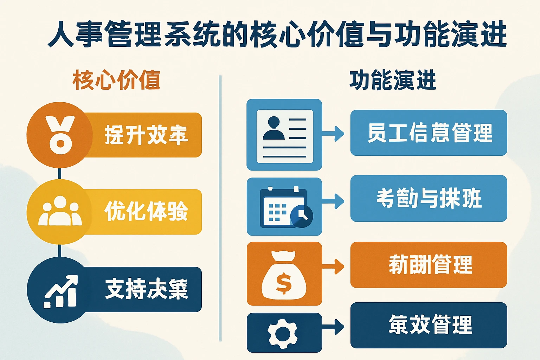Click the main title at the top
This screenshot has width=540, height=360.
click(x=277, y=34)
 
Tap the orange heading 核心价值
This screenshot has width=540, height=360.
click(x=116, y=80)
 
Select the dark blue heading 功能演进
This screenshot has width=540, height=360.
click(x=393, y=80)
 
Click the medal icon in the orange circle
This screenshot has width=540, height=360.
click(x=60, y=135)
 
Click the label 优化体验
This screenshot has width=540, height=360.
click(x=146, y=211)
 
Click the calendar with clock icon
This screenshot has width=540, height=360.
click(x=285, y=208)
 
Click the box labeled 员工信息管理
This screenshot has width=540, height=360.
click(x=429, y=133)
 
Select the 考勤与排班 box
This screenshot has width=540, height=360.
click(x=429, y=198)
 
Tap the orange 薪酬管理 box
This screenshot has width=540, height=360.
click(x=429, y=265)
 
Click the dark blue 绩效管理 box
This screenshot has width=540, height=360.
click(x=429, y=325)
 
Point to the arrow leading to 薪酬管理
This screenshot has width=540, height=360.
click(x=334, y=266)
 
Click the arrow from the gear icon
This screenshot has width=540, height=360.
click(x=334, y=327)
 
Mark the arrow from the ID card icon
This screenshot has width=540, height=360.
click(x=334, y=134)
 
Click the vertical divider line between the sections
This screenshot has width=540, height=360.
click(x=220, y=207)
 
